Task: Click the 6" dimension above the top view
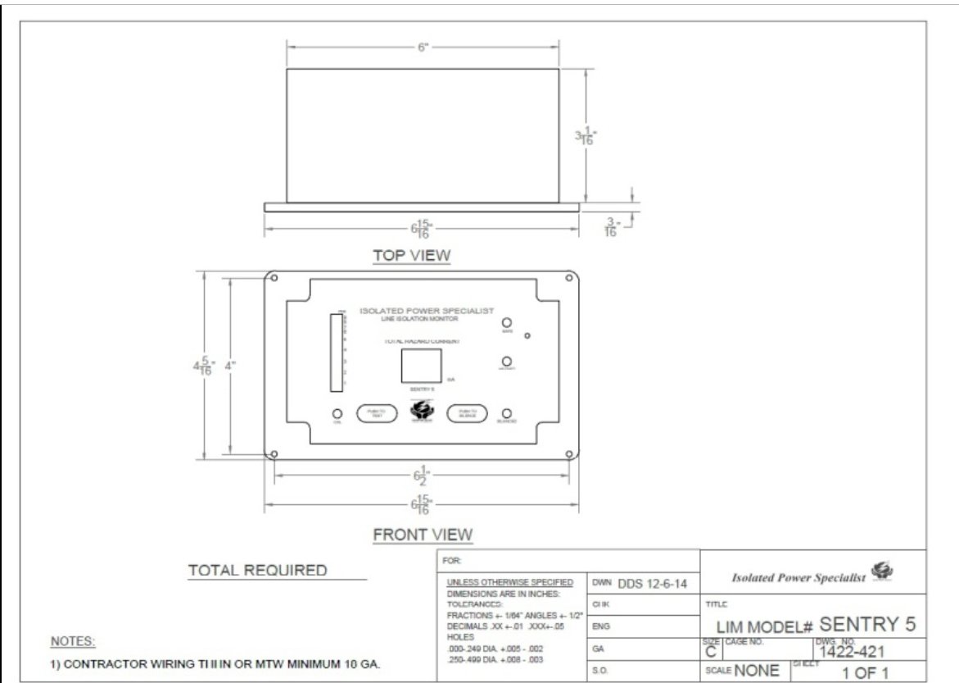423,48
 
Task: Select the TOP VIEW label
411,255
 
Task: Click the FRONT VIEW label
423,535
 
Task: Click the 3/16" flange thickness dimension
609,226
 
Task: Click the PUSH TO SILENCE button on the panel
467,414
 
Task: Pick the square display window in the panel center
422,366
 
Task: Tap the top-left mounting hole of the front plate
274,279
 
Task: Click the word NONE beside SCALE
757,670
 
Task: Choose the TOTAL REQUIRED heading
257,570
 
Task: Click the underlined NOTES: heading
73,640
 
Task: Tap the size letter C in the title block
710,652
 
